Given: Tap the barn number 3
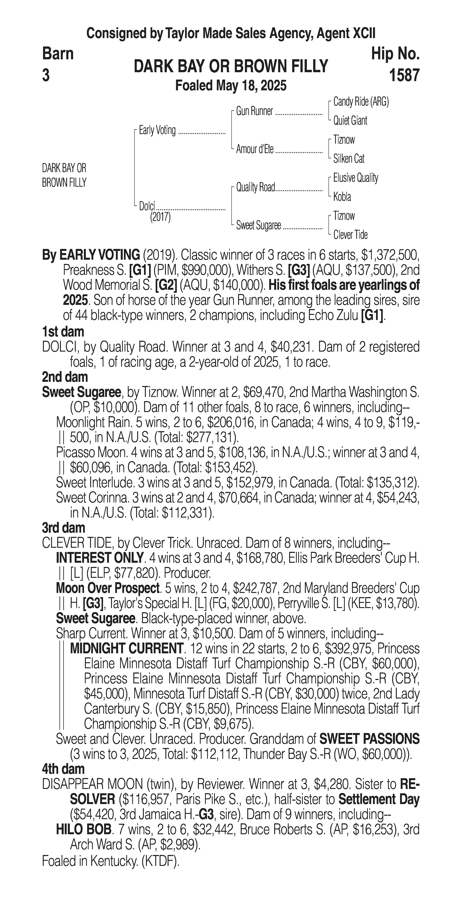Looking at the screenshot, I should (46, 76).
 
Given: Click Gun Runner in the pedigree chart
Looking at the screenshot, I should (254, 111).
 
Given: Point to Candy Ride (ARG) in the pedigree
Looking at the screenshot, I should (361, 102).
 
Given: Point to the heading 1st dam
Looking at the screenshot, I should (63, 332).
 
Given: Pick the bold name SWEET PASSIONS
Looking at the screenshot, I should (369, 739).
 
